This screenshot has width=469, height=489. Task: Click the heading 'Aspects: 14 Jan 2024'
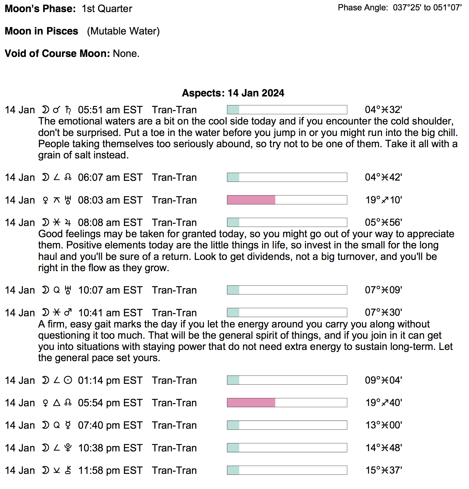233,93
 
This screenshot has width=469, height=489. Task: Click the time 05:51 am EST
110,110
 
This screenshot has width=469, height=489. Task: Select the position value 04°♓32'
383,110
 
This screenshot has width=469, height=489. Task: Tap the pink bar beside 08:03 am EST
251,200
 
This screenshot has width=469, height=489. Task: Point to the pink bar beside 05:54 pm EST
251,403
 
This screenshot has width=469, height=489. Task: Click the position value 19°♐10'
383,200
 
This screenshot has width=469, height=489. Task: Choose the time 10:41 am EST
110,313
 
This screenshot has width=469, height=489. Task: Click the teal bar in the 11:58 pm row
233,470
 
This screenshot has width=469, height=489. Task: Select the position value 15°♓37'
383,470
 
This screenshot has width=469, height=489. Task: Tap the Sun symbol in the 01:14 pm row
68,380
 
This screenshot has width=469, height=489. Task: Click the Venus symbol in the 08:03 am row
45,200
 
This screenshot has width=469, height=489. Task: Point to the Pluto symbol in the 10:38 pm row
68,448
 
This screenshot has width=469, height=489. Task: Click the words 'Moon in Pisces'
42,31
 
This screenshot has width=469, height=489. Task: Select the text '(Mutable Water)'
123,31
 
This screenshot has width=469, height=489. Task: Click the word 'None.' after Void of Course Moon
126,54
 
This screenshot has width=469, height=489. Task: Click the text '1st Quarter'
107,9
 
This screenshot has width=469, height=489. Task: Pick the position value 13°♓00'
383,425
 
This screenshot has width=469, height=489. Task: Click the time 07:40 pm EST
110,425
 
